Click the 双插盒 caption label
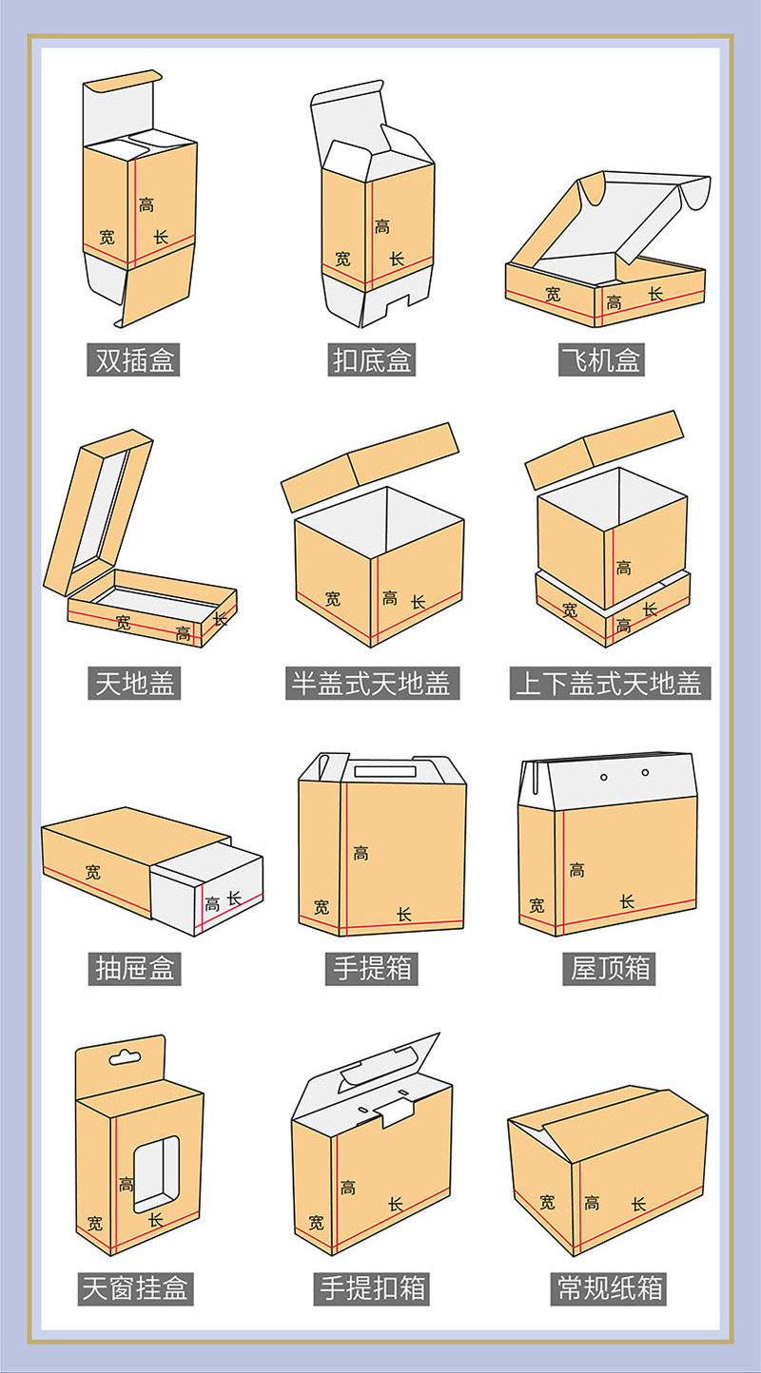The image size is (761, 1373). click(136, 360)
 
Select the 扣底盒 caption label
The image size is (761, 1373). click(372, 360)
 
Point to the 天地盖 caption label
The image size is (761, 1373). click(136, 683)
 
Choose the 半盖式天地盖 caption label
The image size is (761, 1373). click(372, 683)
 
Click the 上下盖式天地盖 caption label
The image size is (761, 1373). click(608, 683)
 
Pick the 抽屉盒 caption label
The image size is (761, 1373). click(136, 969)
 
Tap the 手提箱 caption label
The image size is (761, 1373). click(372, 969)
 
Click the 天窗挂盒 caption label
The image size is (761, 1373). click(136, 1288)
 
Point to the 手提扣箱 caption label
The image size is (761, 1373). click(372, 1288)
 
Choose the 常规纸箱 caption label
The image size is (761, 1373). click(608, 1288)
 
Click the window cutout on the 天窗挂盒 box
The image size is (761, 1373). click(156, 1176)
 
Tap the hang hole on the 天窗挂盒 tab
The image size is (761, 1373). click(126, 1056)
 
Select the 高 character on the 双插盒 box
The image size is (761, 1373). click(146, 204)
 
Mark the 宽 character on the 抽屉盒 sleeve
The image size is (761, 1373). click(92, 871)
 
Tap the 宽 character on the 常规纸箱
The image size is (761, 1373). click(547, 1202)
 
